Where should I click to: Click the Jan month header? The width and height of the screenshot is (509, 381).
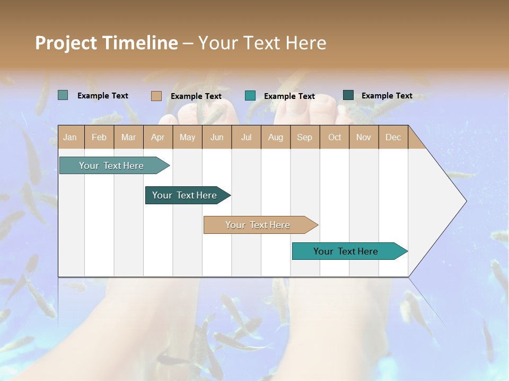click(70, 137)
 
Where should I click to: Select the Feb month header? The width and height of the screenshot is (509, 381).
click(99, 137)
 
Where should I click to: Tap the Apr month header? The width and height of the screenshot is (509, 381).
click(157, 137)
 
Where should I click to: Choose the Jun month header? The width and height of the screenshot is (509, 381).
click(217, 137)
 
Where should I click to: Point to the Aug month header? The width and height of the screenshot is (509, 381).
click(275, 137)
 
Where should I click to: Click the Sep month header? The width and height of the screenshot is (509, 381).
click(304, 137)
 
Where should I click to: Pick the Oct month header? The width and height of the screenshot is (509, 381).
click(335, 137)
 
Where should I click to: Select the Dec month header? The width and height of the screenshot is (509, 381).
click(393, 137)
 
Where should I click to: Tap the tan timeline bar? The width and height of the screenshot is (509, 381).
click(259, 225)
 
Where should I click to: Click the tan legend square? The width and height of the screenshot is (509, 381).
click(156, 96)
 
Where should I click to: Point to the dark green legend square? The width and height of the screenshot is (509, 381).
click(348, 95)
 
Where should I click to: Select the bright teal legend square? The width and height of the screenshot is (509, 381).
click(250, 96)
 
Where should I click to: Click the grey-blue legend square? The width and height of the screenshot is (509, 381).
click(63, 95)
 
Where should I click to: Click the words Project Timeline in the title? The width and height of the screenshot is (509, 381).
click(106, 43)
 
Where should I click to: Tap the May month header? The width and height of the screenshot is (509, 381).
click(187, 137)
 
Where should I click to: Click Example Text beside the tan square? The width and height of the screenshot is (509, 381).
click(196, 96)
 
